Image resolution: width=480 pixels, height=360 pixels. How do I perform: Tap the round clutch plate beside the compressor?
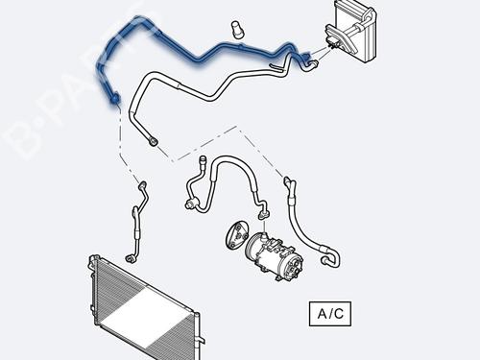click(233, 235)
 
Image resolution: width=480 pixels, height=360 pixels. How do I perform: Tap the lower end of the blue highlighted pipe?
click(115, 97)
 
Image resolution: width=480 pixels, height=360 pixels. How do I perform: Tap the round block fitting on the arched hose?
click(189, 203)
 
